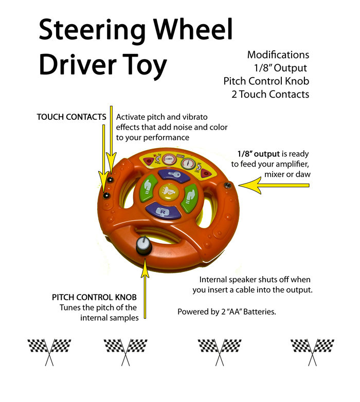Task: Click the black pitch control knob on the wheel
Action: pos(142,247)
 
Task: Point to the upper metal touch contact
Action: pos(110,180)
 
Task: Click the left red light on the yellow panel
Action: pos(149,160)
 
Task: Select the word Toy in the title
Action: pos(145,65)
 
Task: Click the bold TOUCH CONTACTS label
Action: pos(71,117)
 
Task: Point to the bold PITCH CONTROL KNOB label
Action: pos(95,298)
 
